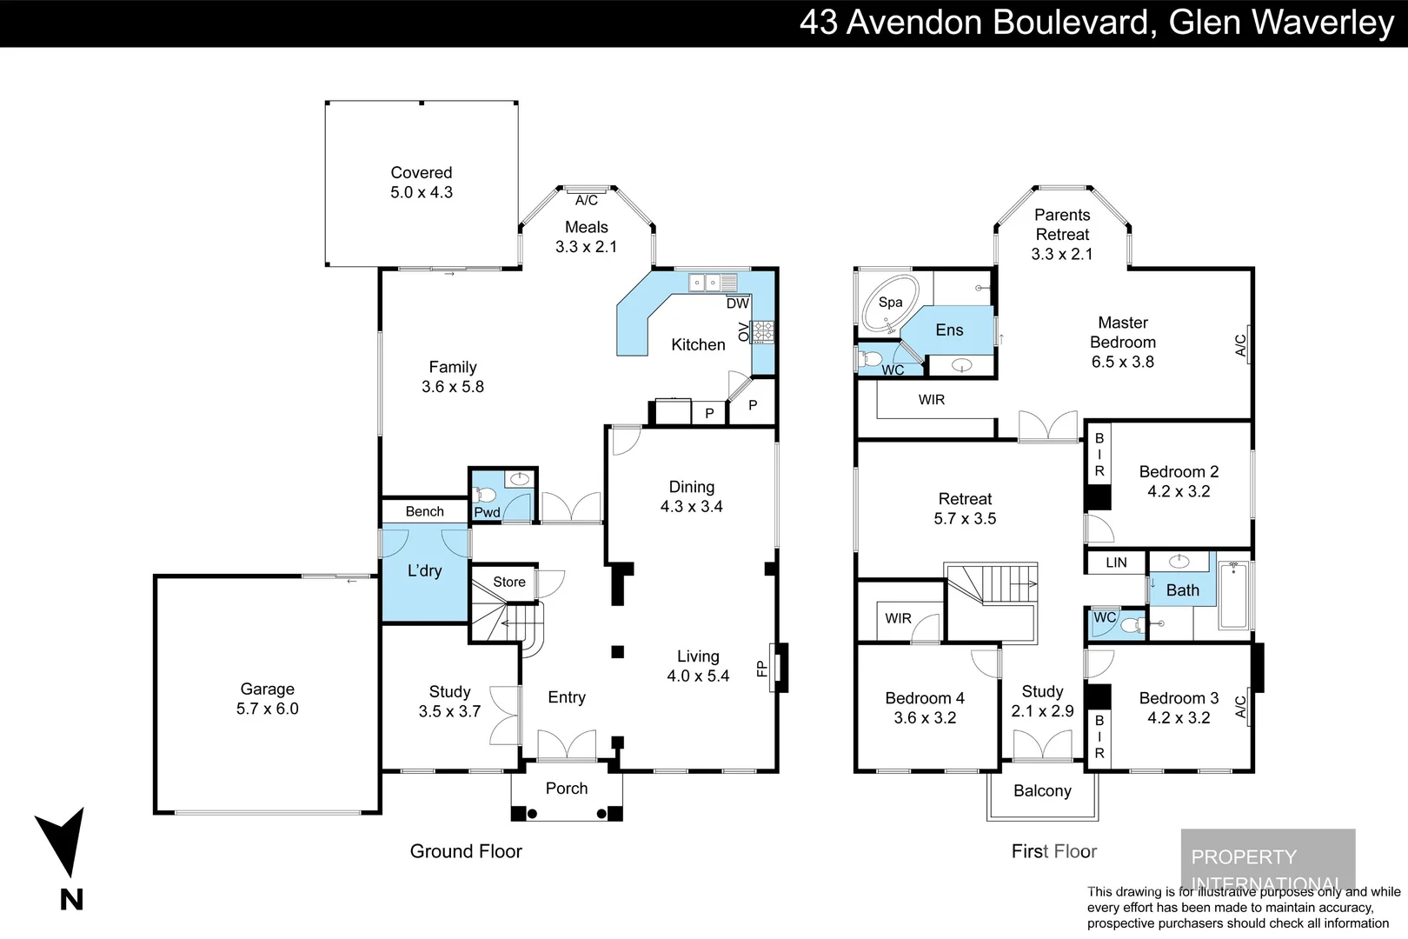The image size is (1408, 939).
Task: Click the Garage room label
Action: coord(267,689)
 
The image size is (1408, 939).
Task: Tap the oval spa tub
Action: coord(887,303)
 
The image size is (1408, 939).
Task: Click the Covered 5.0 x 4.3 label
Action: coord(422,183)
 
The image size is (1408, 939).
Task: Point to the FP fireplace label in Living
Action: coord(762,669)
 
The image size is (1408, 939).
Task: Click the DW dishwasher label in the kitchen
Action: coord(737,303)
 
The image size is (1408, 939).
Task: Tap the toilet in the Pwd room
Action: coord(485,495)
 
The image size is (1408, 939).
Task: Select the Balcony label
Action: coord(1042,790)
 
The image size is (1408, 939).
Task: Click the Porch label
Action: coord(567,789)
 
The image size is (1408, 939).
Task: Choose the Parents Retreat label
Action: coord(1062,224)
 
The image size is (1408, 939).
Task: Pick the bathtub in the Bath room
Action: coord(1233,596)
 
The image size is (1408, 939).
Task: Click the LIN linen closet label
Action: coord(1116,563)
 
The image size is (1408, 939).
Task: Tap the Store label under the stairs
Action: coord(509,582)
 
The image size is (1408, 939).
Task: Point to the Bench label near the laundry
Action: coord(424,511)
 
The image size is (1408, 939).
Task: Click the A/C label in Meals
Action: coord(587,200)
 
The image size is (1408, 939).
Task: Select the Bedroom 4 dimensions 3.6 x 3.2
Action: coord(925,718)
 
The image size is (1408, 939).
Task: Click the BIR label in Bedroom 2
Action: coord(1099,455)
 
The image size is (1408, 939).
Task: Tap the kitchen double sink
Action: coord(712,283)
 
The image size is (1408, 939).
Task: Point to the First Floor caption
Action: coord(1054,851)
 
